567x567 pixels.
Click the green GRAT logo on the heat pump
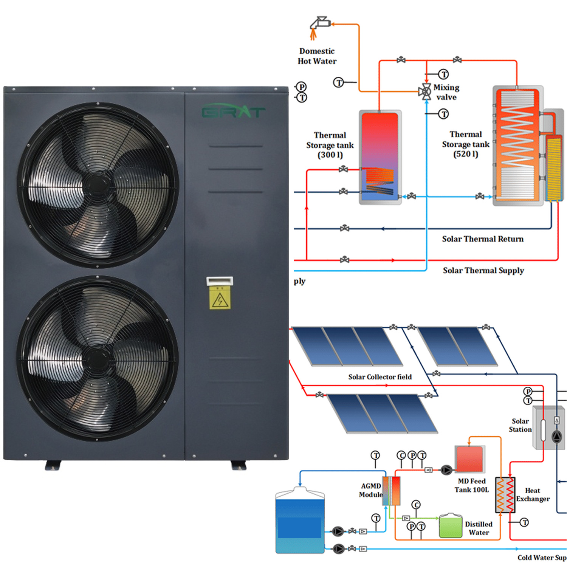[233, 112]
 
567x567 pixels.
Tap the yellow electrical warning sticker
[220, 299]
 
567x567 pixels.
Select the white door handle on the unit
[220, 281]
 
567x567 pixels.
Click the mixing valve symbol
[426, 91]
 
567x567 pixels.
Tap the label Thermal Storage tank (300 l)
[330, 145]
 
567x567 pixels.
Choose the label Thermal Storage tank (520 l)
[465, 144]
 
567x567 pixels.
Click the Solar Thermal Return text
[483, 239]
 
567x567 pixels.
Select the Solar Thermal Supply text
[483, 270]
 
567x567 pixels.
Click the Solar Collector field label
[380, 377]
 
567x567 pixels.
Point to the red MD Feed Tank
[469, 459]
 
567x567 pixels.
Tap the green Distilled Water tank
[451, 526]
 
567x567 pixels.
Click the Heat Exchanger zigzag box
[505, 495]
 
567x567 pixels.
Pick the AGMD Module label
[371, 490]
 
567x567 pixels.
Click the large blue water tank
[300, 522]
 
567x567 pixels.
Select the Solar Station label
[520, 425]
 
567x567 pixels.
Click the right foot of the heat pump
[239, 465]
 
